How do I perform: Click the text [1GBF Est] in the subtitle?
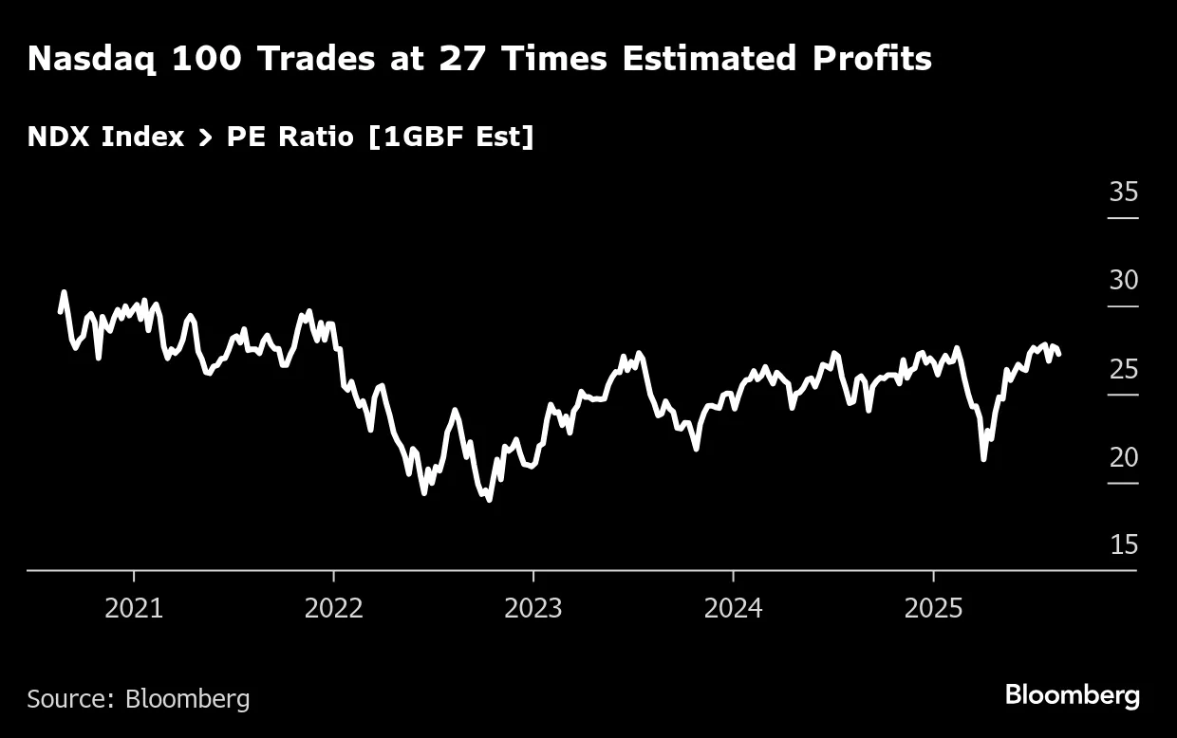click(451, 137)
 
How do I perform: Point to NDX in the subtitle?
click(59, 137)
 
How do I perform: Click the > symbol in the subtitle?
click(205, 138)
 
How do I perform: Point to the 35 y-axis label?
click(1123, 193)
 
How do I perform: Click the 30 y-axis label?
click(1123, 281)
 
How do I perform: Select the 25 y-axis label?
click(1123, 369)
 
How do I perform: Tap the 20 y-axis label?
click(1123, 457)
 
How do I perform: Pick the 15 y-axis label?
click(1123, 545)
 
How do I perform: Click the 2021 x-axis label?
click(134, 608)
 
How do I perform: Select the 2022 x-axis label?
click(334, 608)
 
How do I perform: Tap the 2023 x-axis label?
click(533, 608)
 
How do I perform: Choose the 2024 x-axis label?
click(733, 608)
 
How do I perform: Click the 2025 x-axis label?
click(933, 608)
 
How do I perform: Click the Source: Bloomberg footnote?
click(139, 699)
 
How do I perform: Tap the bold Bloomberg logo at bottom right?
click(1072, 695)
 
